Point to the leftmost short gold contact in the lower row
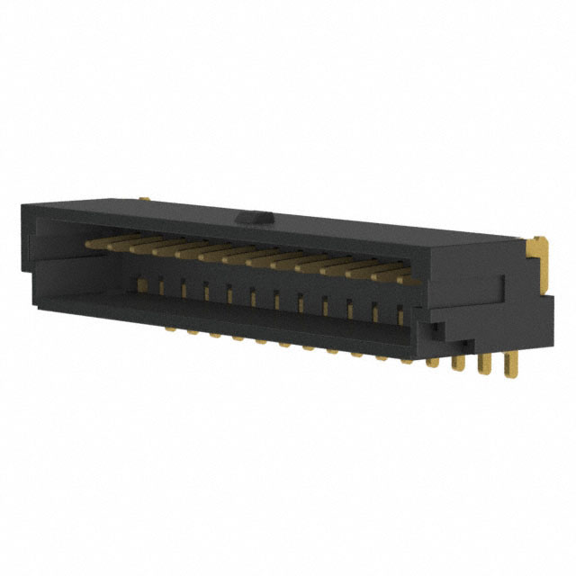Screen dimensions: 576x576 [x=140, y=285]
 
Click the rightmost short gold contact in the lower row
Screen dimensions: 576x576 [x=400, y=315]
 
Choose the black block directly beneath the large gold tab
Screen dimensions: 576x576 [x=531, y=319]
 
